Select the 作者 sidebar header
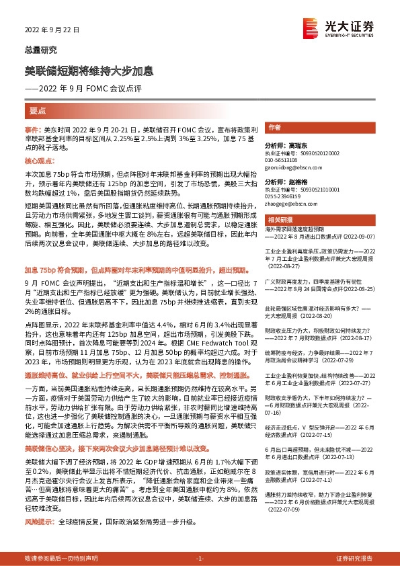click(274, 127)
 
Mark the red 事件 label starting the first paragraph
click(33, 128)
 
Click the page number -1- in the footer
click(200, 559)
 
